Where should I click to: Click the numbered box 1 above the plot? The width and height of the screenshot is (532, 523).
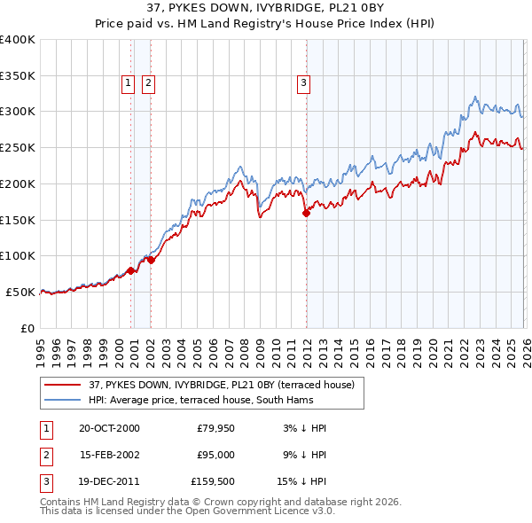tap(129, 83)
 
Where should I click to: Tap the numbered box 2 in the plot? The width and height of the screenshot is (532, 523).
tap(147, 83)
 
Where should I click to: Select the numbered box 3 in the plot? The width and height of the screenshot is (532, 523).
tap(303, 83)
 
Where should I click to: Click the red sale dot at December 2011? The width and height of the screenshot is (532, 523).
tap(306, 213)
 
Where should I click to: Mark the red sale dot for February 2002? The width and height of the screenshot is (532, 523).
tap(151, 260)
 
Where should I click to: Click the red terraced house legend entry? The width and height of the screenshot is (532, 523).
tap(222, 384)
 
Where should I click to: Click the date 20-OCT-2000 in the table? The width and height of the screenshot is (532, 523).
tap(109, 428)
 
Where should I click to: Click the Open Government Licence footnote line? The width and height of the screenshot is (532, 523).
tap(187, 511)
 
